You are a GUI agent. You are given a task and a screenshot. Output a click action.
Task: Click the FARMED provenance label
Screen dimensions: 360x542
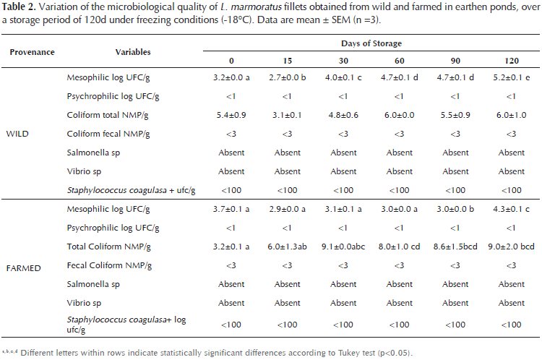[x=21, y=268]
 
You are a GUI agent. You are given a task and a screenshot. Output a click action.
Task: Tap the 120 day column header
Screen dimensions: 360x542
[x=512, y=60]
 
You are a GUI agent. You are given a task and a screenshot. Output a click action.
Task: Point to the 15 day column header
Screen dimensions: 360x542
[x=287, y=60]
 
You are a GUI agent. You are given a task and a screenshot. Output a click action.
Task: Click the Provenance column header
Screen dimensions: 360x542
[x=31, y=53]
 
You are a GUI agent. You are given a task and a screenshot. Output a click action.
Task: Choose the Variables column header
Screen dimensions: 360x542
[x=133, y=53]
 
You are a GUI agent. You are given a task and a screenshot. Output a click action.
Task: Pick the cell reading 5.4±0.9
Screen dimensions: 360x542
[x=231, y=115]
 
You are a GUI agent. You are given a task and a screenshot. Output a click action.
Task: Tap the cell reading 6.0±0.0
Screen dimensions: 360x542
[x=400, y=115]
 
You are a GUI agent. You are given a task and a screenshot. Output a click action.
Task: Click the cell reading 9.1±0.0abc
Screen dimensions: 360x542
[x=343, y=247]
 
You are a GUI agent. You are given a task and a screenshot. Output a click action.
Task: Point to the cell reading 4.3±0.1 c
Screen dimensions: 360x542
[x=512, y=209]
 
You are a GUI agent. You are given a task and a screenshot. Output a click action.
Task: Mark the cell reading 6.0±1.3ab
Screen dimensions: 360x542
[x=287, y=247]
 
